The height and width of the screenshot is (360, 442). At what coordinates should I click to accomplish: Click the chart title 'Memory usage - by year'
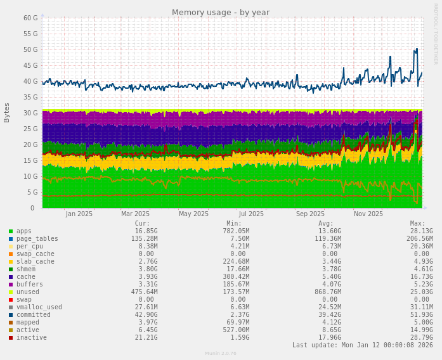(x=221, y=13)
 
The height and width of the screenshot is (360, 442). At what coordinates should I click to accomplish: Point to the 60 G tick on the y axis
(x=30, y=18)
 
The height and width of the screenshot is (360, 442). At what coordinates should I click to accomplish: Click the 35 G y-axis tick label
(x=30, y=97)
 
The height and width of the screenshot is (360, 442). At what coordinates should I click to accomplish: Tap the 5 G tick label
(x=32, y=192)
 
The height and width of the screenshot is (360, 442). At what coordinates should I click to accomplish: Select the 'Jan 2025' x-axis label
(x=79, y=214)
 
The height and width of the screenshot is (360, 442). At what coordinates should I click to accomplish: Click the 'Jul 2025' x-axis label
(x=252, y=214)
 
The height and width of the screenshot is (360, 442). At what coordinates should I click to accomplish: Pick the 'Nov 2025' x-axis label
(x=368, y=214)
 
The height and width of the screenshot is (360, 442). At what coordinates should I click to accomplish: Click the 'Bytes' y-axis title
(x=7, y=112)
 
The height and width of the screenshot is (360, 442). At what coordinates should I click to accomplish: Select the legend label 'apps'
(x=24, y=231)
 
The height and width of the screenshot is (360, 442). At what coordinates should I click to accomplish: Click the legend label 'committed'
(x=33, y=315)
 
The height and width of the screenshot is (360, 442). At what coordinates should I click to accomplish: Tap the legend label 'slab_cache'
(x=36, y=262)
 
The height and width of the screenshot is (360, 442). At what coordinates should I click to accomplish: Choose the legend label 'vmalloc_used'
(x=39, y=307)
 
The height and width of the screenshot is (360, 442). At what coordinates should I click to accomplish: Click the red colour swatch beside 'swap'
(x=11, y=300)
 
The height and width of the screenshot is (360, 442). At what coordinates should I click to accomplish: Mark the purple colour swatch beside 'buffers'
(x=11, y=285)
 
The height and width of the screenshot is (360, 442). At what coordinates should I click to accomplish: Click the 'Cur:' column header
(x=142, y=224)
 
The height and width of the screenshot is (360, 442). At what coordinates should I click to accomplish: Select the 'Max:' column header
(x=417, y=224)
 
